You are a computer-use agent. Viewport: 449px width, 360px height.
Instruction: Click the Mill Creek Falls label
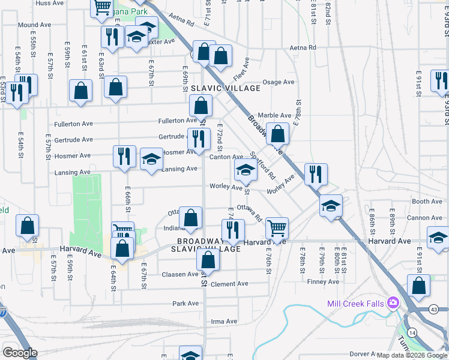(x=355, y=303)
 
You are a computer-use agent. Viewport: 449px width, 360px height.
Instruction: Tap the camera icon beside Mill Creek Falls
(x=393, y=302)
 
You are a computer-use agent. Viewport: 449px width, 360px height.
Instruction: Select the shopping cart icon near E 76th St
(x=277, y=228)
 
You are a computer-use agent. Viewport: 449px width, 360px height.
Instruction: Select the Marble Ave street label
(x=274, y=115)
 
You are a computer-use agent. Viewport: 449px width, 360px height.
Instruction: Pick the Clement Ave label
(x=229, y=284)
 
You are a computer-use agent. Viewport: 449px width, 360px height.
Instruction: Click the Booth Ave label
(x=427, y=202)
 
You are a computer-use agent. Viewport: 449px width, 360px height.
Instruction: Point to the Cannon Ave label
(x=424, y=218)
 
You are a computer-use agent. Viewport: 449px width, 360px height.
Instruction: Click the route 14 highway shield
(x=411, y=332)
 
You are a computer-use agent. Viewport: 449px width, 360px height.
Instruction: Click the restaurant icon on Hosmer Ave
(x=124, y=156)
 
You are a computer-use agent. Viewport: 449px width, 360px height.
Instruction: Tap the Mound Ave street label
(x=33, y=25)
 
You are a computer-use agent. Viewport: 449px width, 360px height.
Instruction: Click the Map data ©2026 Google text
(x=412, y=355)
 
